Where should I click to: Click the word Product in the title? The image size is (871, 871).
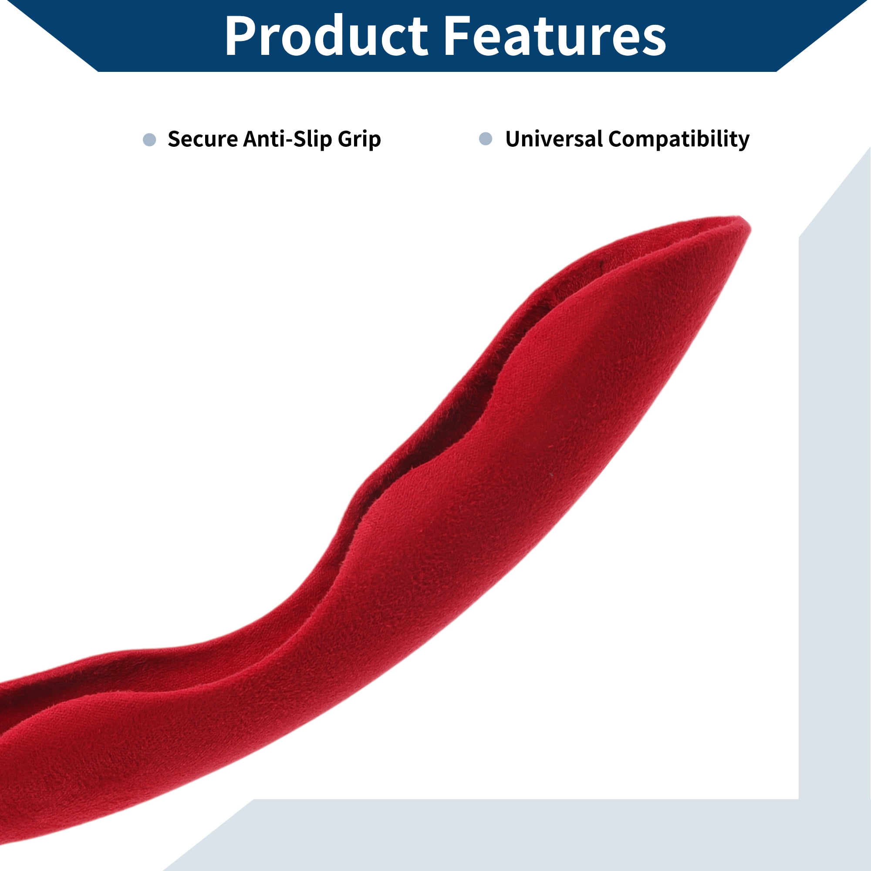click(325, 36)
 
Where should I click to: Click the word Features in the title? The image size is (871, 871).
click(554, 36)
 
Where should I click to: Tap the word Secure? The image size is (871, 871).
click(203, 139)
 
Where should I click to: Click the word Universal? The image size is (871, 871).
click(554, 139)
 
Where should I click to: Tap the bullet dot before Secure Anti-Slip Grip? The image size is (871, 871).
click(149, 139)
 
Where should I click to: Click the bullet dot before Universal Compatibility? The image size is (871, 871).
click(485, 139)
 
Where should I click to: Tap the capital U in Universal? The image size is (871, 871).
click(513, 139)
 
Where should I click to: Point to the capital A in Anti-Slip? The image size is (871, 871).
click(251, 139)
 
